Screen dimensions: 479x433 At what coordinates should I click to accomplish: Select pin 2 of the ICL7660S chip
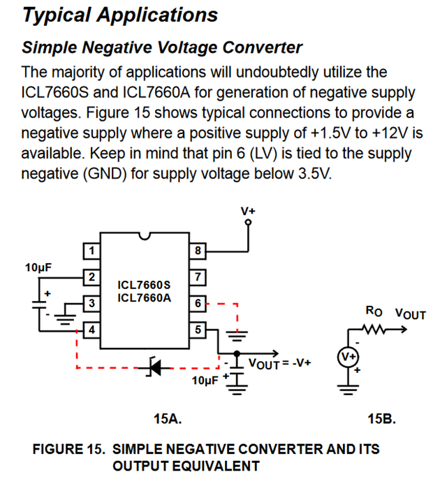coord(91,277)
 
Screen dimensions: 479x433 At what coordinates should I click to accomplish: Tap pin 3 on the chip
coord(91,302)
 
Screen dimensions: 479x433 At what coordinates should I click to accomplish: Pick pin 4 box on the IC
coord(91,328)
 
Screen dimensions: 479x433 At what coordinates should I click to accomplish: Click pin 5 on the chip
coord(199,328)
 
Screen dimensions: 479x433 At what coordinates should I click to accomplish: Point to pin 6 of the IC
coord(199,302)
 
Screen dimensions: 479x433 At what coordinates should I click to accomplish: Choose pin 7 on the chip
coord(199,277)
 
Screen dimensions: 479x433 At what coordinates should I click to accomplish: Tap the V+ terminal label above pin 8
coord(248,209)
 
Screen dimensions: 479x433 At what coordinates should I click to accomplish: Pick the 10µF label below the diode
coord(205,381)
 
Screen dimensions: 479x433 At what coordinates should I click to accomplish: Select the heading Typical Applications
coord(120,15)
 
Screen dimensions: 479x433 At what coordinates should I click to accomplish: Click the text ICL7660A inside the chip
coord(144,297)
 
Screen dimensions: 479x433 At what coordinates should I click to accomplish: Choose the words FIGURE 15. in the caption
coord(69,448)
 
